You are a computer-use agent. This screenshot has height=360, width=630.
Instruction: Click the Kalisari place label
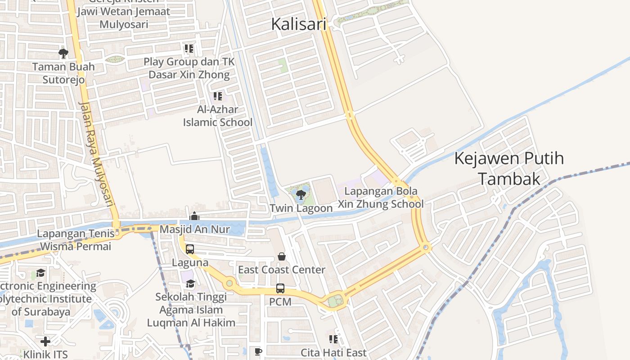pyautogui.click(x=298, y=24)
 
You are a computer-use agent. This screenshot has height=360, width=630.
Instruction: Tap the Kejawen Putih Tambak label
pyautogui.click(x=509, y=168)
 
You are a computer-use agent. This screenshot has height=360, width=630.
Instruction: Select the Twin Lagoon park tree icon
pyautogui.click(x=301, y=195)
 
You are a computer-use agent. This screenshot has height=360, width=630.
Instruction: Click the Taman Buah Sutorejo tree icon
pyautogui.click(x=63, y=54)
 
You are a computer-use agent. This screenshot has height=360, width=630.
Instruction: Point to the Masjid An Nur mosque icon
pyautogui.click(x=194, y=216)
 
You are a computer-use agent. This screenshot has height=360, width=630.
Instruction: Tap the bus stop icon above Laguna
pyautogui.click(x=190, y=249)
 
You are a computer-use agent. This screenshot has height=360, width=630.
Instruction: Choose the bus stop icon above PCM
pyautogui.click(x=280, y=288)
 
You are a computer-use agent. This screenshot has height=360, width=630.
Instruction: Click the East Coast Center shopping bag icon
pyautogui.click(x=282, y=256)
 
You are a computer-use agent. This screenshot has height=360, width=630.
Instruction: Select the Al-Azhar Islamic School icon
pyautogui.click(x=218, y=96)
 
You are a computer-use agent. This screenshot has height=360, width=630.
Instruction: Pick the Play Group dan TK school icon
pyautogui.click(x=189, y=48)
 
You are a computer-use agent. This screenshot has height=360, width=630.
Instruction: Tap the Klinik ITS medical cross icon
pyautogui.click(x=45, y=341)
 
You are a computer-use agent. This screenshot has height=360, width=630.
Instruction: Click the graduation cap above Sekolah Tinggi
pyautogui.click(x=191, y=283)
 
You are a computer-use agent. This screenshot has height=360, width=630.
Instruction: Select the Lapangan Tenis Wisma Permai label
pyautogui.click(x=75, y=240)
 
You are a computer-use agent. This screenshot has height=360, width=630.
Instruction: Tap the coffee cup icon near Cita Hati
pyautogui.click(x=258, y=351)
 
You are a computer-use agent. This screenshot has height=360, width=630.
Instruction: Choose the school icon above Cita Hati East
pyautogui.click(x=333, y=339)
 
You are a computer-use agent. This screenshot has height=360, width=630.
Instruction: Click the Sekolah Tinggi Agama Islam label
pyautogui.click(x=191, y=310)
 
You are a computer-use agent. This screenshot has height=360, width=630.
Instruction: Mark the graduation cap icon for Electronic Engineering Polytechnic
pyautogui.click(x=41, y=273)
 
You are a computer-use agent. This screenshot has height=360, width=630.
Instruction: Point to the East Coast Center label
pyautogui.click(x=282, y=270)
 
